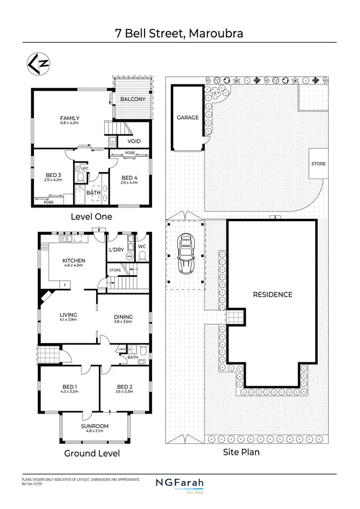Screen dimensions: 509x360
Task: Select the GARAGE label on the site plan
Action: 187,118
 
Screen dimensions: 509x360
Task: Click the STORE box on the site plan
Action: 318,164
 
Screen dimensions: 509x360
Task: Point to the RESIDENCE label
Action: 272,295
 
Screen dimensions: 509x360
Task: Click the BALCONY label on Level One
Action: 133,99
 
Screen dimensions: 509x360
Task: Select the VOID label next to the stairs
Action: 134,142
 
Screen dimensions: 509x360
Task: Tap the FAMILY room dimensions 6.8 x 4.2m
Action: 70,123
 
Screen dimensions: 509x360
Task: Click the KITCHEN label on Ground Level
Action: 73,261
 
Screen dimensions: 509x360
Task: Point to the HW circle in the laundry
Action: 129,256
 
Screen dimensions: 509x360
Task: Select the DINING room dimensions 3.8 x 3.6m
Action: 123,322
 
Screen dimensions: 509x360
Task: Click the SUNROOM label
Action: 95,426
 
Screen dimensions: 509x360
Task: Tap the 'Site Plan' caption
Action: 241,452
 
